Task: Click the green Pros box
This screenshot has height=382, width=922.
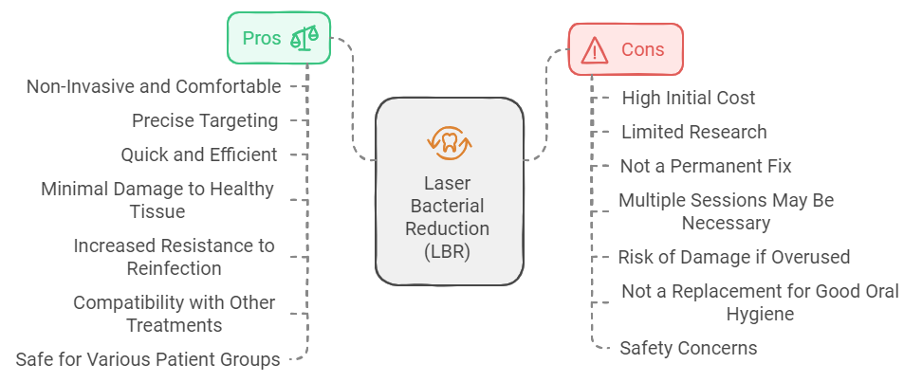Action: (x=278, y=38)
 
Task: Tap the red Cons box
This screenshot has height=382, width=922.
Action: (x=625, y=49)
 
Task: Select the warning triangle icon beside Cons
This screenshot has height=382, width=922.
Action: (x=594, y=49)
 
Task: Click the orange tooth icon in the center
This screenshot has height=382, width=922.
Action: (x=449, y=141)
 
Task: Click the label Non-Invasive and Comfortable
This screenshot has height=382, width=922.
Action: (x=154, y=86)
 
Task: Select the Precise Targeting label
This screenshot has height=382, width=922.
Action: (x=205, y=120)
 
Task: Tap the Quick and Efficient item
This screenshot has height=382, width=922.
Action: (x=199, y=155)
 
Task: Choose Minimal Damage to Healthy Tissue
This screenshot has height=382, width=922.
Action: (x=157, y=200)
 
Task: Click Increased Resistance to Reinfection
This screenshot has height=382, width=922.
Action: (x=174, y=257)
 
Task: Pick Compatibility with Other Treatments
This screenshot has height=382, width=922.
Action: (x=175, y=314)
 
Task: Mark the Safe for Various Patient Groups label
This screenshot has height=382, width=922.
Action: (x=148, y=359)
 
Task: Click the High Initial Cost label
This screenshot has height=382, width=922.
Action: (x=689, y=98)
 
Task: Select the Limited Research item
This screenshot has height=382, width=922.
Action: (x=693, y=132)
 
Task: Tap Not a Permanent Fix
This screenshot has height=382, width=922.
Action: (x=706, y=166)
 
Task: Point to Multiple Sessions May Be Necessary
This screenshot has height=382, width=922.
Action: (x=726, y=211)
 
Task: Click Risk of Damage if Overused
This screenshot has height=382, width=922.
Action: (x=733, y=257)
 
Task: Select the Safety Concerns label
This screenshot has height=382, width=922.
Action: (x=689, y=348)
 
